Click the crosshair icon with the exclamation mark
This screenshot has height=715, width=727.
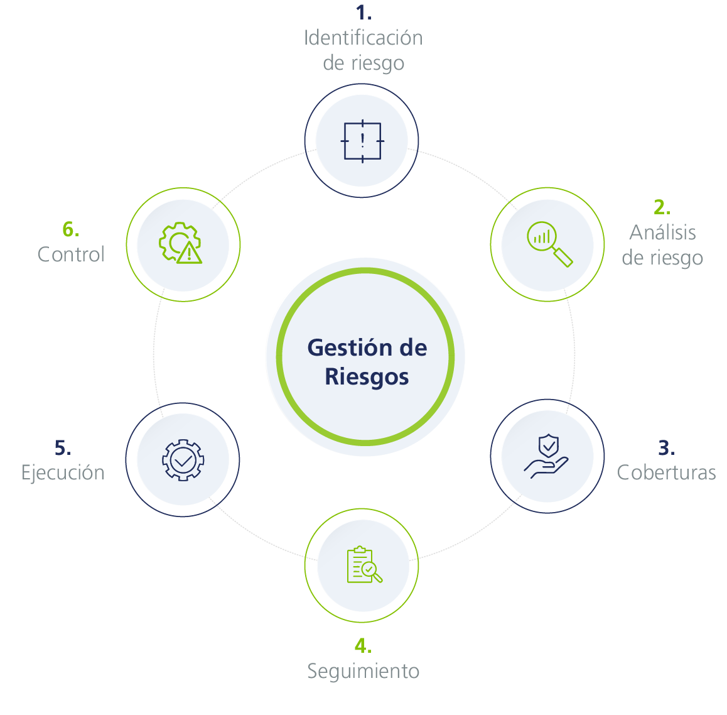362,141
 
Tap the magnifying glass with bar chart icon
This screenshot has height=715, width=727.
548,244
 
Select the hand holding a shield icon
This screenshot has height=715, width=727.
547,457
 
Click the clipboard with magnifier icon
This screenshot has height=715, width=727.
363,565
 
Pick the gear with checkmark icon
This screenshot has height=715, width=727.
183,460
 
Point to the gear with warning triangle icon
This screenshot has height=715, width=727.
181,244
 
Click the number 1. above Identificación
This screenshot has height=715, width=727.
363,13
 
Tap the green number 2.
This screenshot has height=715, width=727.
662,207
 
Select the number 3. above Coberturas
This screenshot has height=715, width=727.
666,448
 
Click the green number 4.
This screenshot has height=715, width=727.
363,646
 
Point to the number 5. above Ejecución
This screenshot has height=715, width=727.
63,448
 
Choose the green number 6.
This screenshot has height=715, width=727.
71,229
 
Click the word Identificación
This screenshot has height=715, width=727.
363,38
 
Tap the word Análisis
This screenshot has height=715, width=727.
662,232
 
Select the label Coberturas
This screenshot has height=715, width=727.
666,472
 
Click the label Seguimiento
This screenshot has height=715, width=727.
363,671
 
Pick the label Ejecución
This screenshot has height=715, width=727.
63,472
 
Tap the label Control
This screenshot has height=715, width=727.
71,254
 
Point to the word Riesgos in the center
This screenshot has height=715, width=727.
367,377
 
